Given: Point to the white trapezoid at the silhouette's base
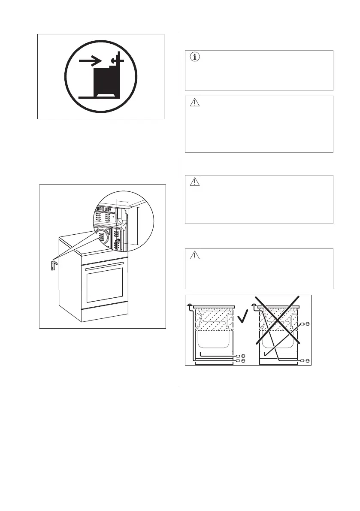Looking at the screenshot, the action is click(x=107, y=94).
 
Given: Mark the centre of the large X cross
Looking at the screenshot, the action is click(x=278, y=320).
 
